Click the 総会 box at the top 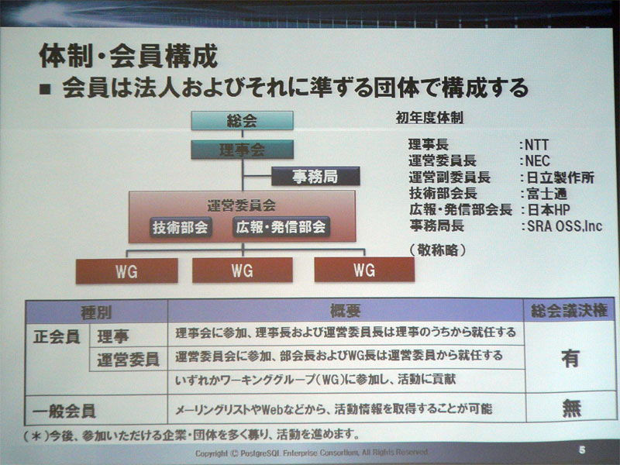click(242, 121)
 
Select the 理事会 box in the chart click(242, 150)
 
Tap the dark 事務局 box click(315, 176)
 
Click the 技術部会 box click(181, 228)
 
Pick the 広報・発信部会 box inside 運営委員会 click(281, 228)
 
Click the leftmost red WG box click(126, 270)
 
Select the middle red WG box click(242, 270)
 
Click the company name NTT click(537, 144)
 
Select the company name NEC click(537, 160)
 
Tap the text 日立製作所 click(560, 177)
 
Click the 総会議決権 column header click(568, 312)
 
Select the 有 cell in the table click(570, 358)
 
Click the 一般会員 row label click(69, 408)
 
